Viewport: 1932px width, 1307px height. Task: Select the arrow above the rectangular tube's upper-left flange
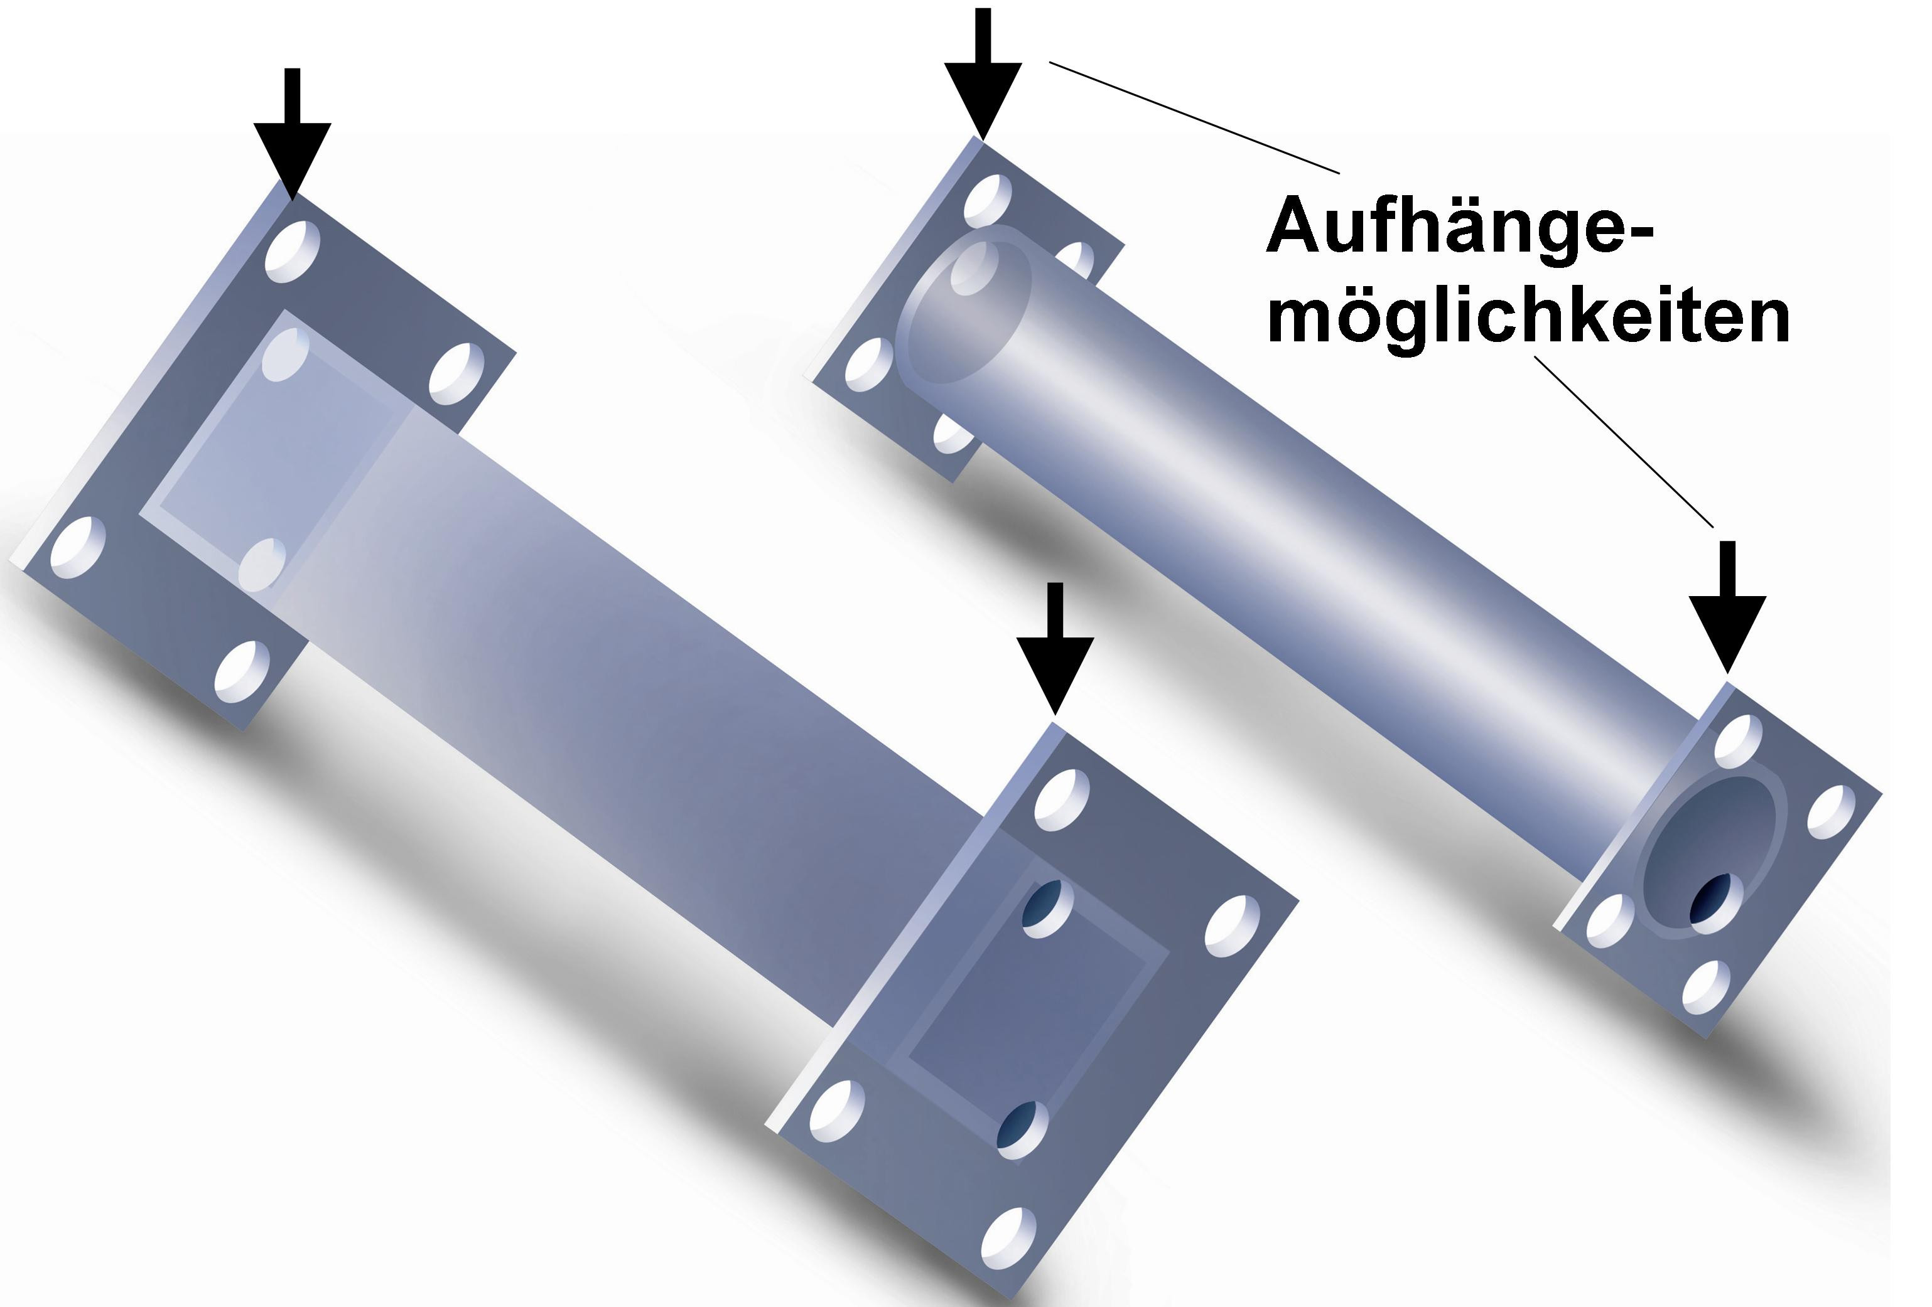pos(293,134)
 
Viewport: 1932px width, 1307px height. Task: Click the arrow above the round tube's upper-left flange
pos(983,75)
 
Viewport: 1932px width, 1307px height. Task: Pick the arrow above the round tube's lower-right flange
pos(1727,607)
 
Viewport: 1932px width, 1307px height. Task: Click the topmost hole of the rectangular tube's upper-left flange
pos(293,251)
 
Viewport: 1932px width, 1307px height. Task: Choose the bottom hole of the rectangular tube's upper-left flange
pos(242,671)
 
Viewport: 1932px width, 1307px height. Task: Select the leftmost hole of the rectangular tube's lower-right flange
pos(836,1112)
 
